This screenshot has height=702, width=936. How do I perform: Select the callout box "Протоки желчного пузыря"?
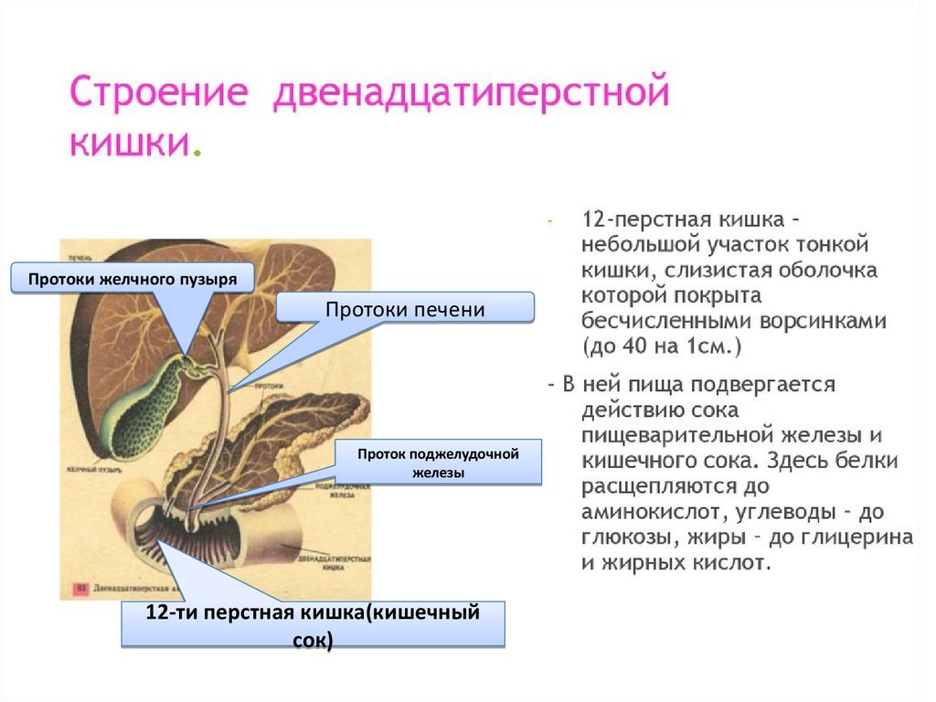[x=132, y=279]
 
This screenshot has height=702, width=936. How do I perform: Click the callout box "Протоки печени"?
[x=405, y=309]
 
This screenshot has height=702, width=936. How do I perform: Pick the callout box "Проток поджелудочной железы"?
[x=438, y=463]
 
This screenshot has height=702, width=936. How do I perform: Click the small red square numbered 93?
[x=80, y=588]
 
